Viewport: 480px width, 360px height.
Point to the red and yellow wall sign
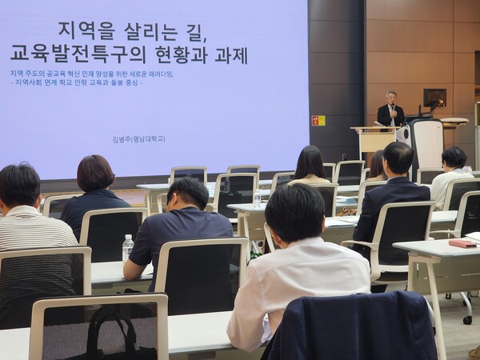(318, 120)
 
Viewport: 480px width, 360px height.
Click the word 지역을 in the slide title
(86, 31)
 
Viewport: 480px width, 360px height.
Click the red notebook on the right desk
(462, 242)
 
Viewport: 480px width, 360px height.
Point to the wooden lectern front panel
(376, 142)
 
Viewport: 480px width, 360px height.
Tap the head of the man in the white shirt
(295, 212)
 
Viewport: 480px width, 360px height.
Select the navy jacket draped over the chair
(352, 328)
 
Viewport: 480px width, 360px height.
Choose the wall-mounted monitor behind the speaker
(434, 98)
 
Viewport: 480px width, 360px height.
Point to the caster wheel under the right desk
(467, 319)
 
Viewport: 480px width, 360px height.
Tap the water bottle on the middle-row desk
(257, 198)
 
